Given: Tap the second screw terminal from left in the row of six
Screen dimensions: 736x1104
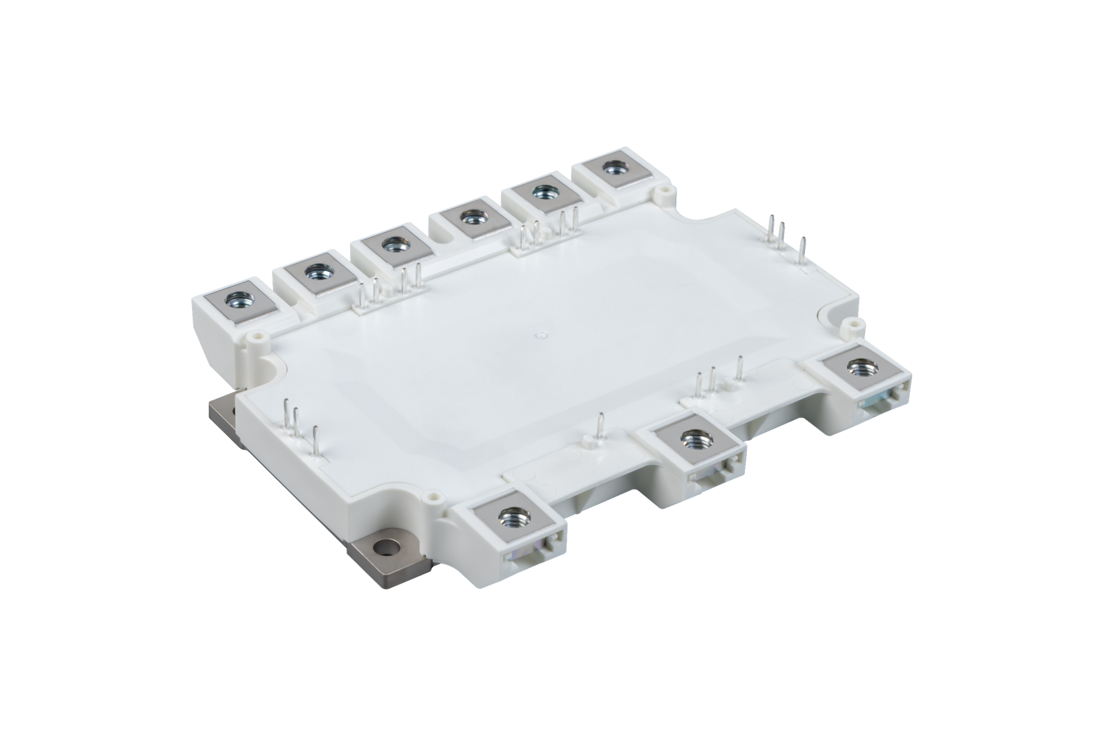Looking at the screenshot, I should coord(312,272).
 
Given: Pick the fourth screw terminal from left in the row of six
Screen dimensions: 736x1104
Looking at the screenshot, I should coord(466,218).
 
